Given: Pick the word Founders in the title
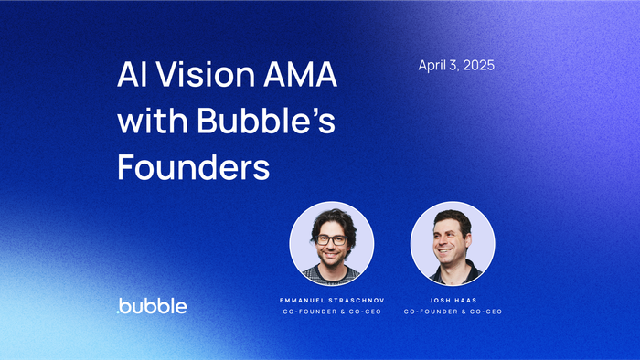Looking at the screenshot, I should (x=193, y=168).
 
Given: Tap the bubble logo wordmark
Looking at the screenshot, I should (x=155, y=306).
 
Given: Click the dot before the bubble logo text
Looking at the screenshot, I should (x=118, y=312).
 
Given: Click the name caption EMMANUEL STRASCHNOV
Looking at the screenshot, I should (x=331, y=300).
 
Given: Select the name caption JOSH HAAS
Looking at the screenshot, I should (x=453, y=300).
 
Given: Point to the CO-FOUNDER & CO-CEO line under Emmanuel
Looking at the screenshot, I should (x=331, y=312).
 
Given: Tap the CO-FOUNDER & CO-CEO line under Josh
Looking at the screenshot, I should (x=453, y=312).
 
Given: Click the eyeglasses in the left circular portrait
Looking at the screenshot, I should (x=331, y=240).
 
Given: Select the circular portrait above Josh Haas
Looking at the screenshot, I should (x=453, y=243).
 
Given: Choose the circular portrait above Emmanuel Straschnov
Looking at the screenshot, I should (x=331, y=243).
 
